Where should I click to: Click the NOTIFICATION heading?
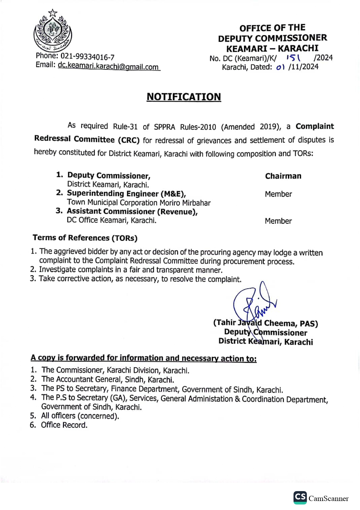point(184,97)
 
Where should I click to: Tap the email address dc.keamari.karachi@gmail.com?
point(108,66)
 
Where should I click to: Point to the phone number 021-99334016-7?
point(87,56)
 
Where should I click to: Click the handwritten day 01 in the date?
point(280,67)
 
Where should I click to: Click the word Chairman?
point(283,176)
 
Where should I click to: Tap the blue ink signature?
point(254,304)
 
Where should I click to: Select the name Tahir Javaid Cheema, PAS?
point(265,323)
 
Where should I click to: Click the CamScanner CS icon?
point(300,497)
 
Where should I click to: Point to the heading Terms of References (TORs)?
point(85,238)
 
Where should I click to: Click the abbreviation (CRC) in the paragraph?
point(129,140)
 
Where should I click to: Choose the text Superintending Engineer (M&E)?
point(126,194)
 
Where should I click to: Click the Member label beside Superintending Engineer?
point(278,194)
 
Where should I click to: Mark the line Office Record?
point(64,425)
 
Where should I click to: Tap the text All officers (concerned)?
point(80,416)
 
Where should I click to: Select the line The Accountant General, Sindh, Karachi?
point(108,380)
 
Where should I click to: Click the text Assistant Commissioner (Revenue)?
point(132,212)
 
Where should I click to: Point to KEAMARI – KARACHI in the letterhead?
point(272,48)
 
